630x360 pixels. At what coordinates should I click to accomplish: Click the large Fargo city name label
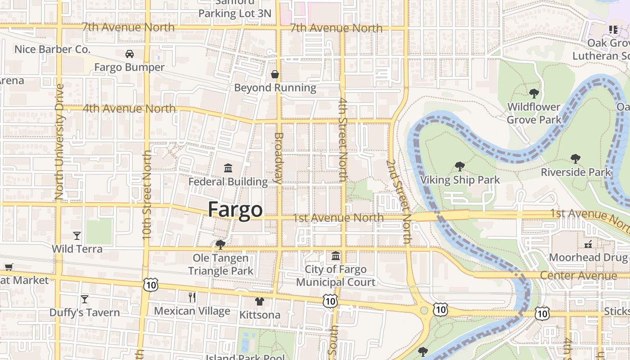[235, 210]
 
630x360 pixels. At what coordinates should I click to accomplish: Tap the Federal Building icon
[228, 168]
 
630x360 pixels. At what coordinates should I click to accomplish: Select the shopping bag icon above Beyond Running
[274, 74]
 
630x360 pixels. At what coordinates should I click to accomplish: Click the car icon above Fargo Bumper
[130, 54]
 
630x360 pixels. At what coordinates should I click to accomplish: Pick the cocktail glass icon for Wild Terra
[77, 235]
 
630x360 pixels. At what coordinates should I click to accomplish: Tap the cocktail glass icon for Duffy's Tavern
[84, 299]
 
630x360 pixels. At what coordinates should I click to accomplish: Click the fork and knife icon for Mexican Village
[192, 297]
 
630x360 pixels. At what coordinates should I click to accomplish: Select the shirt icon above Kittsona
[260, 301]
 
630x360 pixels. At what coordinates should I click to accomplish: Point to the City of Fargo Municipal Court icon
[336, 256]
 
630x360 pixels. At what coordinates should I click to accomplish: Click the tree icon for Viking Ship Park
[459, 166]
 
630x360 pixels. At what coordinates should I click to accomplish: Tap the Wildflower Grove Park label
[534, 113]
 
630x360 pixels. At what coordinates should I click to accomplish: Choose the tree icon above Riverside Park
[575, 158]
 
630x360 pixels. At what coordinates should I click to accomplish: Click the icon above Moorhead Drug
[588, 244]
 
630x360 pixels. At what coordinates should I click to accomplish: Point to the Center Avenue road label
[578, 275]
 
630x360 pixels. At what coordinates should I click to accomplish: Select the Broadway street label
[279, 157]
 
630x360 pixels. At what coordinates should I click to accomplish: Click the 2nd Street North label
[399, 201]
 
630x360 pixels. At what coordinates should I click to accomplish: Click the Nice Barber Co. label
[53, 49]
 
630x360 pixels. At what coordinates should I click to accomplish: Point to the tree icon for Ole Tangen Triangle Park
[220, 244]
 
